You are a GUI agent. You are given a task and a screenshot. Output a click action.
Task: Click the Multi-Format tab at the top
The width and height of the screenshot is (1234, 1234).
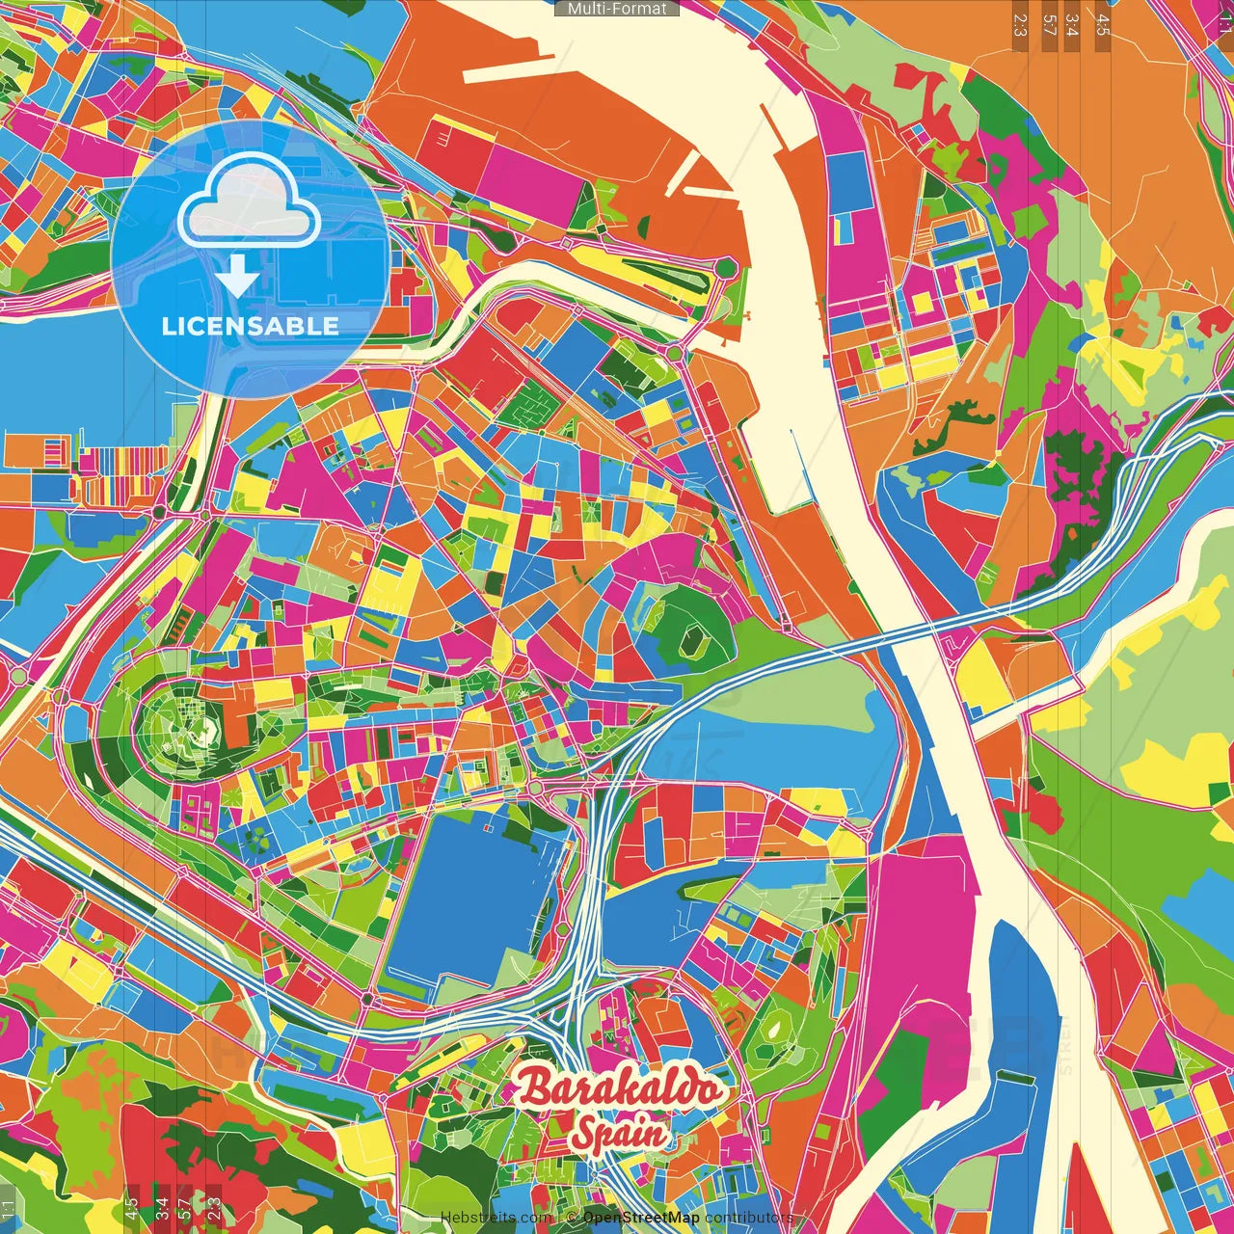[x=617, y=9]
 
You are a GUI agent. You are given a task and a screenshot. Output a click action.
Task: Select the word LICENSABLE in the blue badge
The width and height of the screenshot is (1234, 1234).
[x=250, y=326]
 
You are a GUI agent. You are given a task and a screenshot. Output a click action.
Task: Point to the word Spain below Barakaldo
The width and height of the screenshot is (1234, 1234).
[x=618, y=1133]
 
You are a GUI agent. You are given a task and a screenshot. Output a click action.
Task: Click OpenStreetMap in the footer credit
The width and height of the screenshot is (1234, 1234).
[x=641, y=1218]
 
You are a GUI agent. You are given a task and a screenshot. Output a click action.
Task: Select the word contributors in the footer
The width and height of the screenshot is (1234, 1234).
[x=748, y=1218]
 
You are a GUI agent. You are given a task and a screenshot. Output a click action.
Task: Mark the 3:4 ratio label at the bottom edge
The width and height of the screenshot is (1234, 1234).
[x=162, y=1207]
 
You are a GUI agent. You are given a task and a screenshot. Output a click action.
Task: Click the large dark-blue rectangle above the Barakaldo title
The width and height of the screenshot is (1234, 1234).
[x=472, y=892]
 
